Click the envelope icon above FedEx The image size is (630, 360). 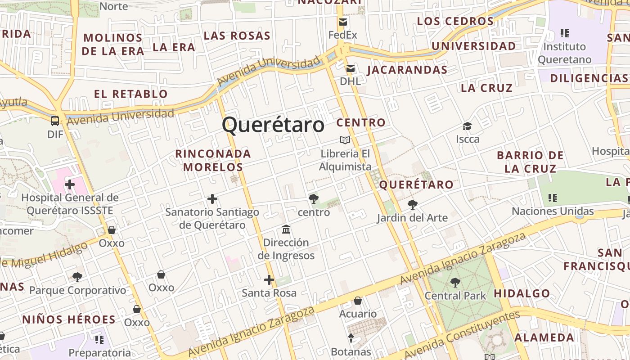point(343,22)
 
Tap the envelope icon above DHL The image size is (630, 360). point(351,68)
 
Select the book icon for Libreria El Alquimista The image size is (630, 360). point(345,140)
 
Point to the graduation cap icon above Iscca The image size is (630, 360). point(468,126)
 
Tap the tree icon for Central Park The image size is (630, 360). point(455,283)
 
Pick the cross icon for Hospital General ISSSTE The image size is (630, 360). point(70,184)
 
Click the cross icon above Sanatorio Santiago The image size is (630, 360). point(212,199)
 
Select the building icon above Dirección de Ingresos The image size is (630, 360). point(286,230)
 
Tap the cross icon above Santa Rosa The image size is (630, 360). point(269,280)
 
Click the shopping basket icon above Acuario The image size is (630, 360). point(358,301)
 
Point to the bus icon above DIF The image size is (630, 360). point(55,121)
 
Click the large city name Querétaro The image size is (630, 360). point(273,125)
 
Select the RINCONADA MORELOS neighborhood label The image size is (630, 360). point(213,160)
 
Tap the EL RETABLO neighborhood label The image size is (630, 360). point(131,94)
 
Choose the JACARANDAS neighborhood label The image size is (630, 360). point(408,70)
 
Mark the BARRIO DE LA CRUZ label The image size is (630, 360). point(530,162)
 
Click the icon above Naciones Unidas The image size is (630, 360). point(553,198)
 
